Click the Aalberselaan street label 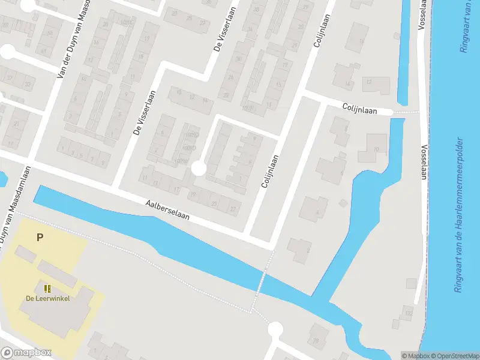(x=167, y=211)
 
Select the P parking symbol (x=40, y=237)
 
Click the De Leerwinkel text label (x=47, y=299)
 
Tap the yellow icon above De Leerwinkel (x=47, y=289)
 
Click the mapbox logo (x=26, y=353)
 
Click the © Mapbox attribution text (x=415, y=355)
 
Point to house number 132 (x=409, y=313)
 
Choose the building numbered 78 (x=314, y=341)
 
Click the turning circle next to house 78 (x=275, y=329)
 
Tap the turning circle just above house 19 (x=199, y=170)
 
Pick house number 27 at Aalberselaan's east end (x=233, y=208)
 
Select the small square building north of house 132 (x=411, y=283)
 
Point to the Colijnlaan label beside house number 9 (x=271, y=172)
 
